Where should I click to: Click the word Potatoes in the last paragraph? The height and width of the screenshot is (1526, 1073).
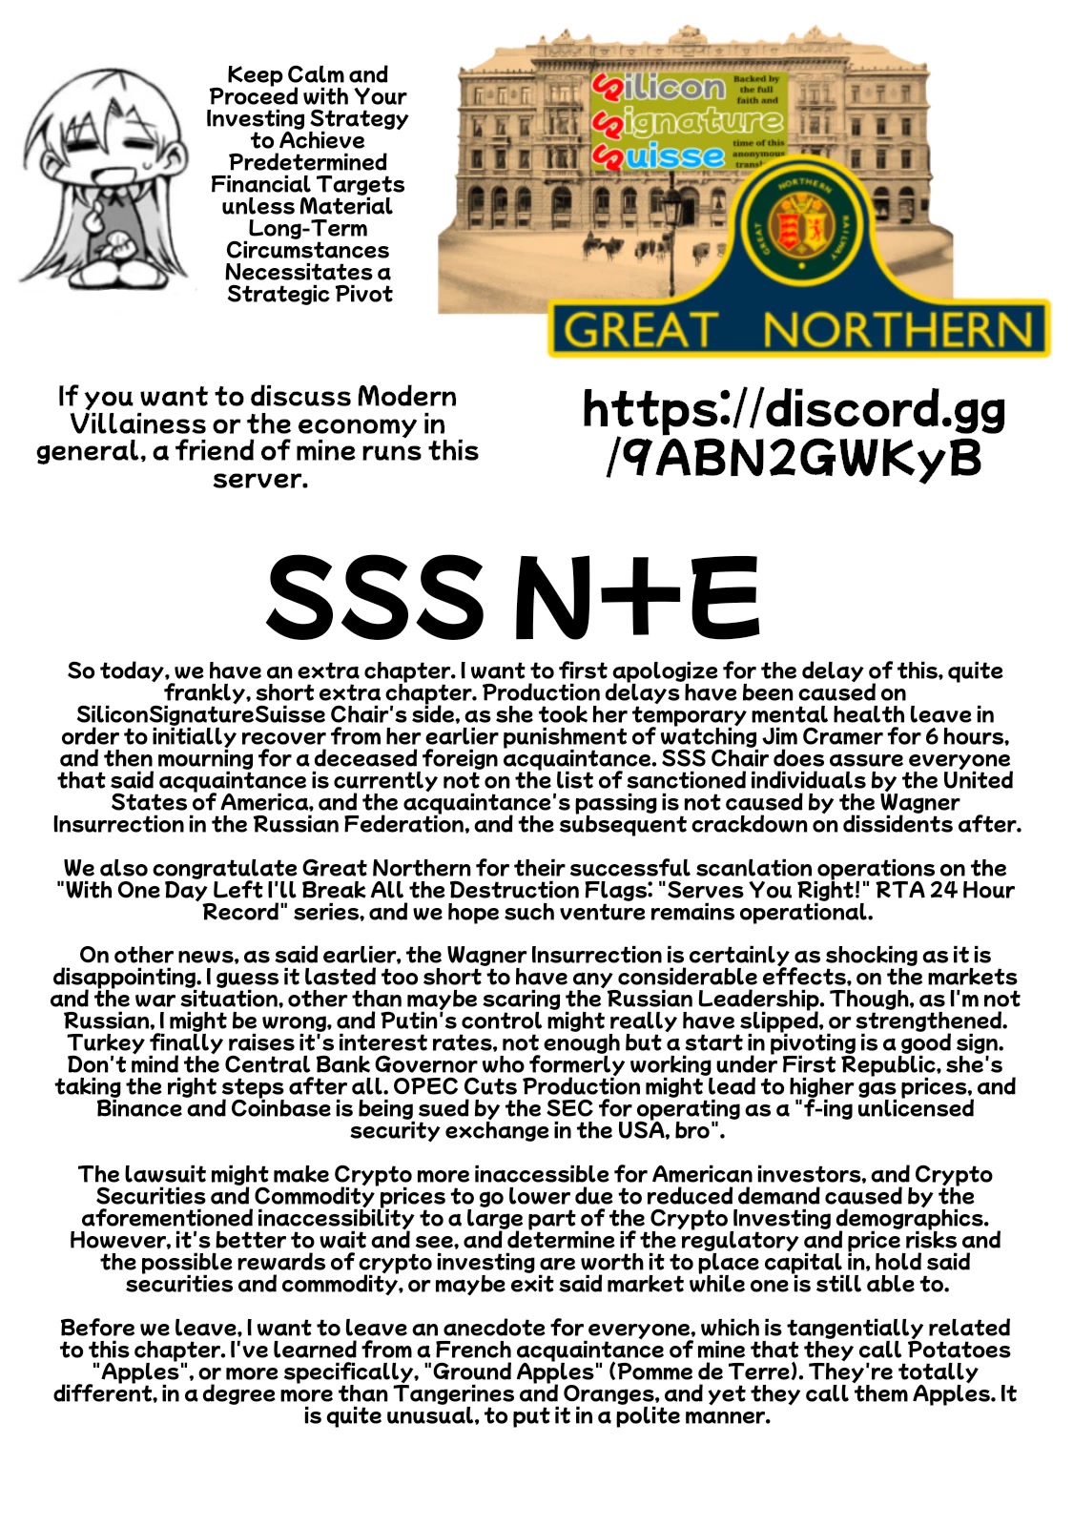pyautogui.click(x=959, y=1351)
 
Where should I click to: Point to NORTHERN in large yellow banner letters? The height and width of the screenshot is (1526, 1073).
pyautogui.click(x=897, y=331)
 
